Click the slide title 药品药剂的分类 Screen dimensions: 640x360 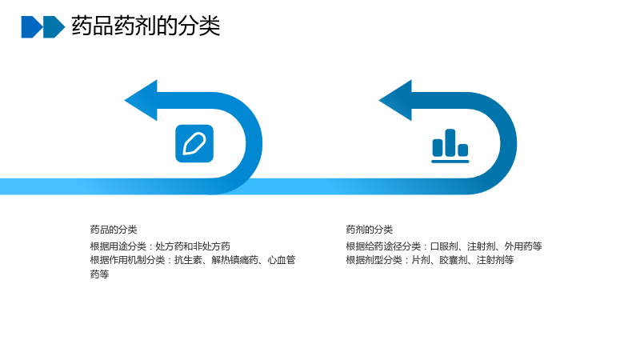pyautogui.click(x=146, y=26)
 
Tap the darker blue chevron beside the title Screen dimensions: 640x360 pyautogui.click(x=32, y=27)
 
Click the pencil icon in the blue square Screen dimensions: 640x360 pyautogui.click(x=194, y=144)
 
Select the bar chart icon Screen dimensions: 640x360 pyautogui.click(x=450, y=146)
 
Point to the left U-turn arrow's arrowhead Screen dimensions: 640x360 pyautogui.click(x=142, y=101)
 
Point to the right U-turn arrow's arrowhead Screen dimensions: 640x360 pyautogui.click(x=395, y=101)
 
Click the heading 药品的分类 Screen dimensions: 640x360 pyautogui.click(x=114, y=230)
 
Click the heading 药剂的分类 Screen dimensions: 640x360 pyautogui.click(x=370, y=230)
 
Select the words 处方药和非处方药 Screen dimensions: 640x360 pyautogui.click(x=193, y=246)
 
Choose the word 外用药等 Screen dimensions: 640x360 pyautogui.click(x=523, y=246)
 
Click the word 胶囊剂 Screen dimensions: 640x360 pyautogui.click(x=453, y=260)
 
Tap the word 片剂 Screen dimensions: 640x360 pyautogui.click(x=421, y=260)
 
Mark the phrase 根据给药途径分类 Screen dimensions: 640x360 pyautogui.click(x=383, y=246)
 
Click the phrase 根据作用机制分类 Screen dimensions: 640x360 pyautogui.click(x=127, y=260)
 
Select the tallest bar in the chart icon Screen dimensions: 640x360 pyautogui.click(x=450, y=142)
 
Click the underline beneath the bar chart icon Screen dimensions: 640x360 pyautogui.click(x=450, y=162)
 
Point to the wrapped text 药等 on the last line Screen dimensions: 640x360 pyautogui.click(x=99, y=274)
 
